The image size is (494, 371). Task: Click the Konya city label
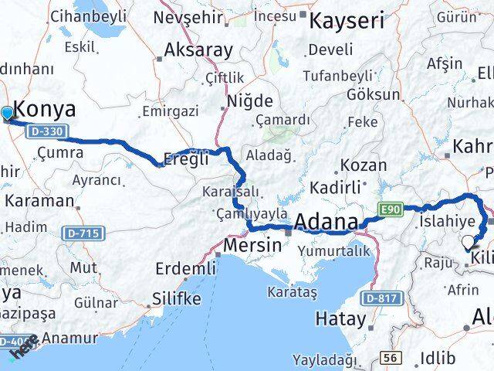46,109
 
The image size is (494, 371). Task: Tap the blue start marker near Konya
8,114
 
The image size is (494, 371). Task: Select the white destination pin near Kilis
468,242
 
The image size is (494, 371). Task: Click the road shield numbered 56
390,358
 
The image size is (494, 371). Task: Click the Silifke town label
176,298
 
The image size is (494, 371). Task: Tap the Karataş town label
292,291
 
